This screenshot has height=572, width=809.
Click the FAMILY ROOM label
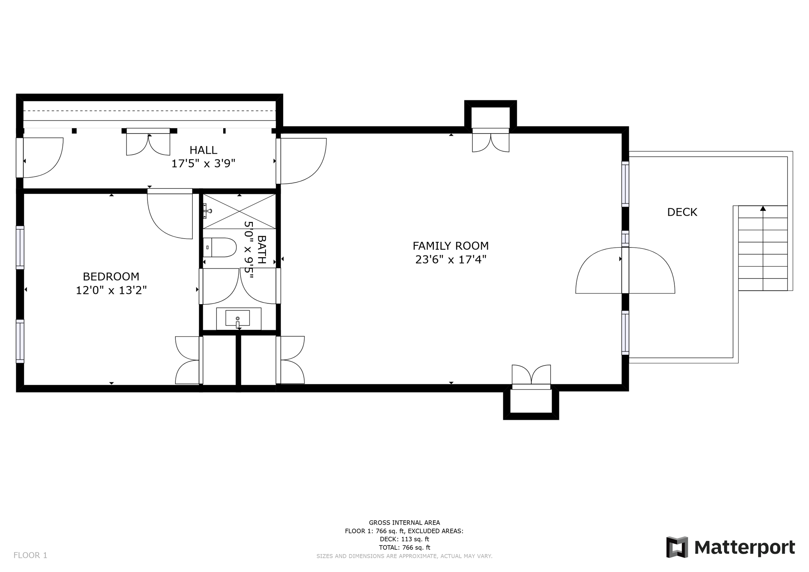[x=451, y=246]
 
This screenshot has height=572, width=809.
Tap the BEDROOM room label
[x=111, y=276]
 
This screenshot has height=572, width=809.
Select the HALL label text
[x=203, y=150]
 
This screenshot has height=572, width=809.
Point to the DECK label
[x=682, y=212]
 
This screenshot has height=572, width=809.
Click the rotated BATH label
[x=262, y=250]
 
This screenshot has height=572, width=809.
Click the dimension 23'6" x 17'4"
[x=451, y=260]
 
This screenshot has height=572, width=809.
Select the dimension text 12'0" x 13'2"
[x=111, y=290]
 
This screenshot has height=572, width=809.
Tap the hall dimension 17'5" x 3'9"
[x=203, y=164]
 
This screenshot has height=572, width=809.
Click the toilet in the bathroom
[x=220, y=247]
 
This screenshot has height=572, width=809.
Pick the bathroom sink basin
[x=237, y=318]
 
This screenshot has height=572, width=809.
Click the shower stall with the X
[x=239, y=211]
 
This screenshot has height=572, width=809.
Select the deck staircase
[x=763, y=248]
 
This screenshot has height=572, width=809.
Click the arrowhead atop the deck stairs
[x=763, y=208]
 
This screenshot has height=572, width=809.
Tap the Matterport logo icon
[x=677, y=547]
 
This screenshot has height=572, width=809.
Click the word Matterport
[x=745, y=548]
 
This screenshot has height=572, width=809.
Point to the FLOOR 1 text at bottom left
[x=30, y=555]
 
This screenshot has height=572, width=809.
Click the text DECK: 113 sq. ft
[x=404, y=539]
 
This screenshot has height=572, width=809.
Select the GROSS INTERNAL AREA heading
[x=404, y=523]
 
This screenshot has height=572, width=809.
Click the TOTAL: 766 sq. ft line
[x=404, y=548]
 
